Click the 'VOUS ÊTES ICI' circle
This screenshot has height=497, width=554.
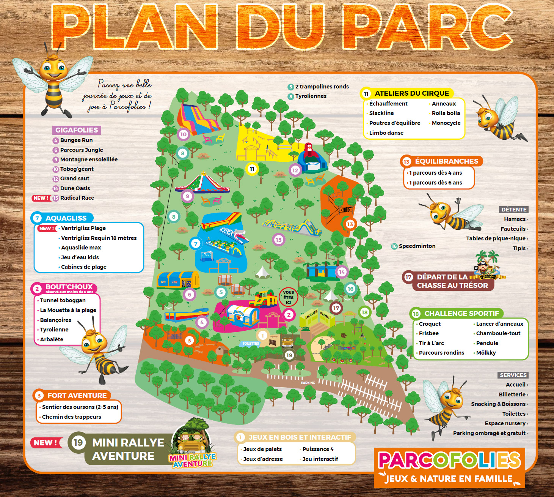click(x=288, y=297)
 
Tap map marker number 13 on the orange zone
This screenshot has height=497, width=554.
click(x=350, y=224)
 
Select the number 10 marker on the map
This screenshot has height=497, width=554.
click(x=183, y=134)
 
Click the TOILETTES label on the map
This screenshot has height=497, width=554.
click(x=251, y=344)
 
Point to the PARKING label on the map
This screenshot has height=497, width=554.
click(x=308, y=383)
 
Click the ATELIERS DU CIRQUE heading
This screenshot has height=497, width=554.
click(x=412, y=93)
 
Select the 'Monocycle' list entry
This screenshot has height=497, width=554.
click(x=446, y=123)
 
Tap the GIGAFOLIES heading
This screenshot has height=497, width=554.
click(x=77, y=130)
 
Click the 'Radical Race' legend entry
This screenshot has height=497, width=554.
click(x=77, y=198)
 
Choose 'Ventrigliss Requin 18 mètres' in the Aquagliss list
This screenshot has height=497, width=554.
click(x=99, y=238)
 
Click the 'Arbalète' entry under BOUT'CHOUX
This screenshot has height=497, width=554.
click(x=52, y=339)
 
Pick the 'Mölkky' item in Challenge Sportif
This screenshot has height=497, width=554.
click(x=486, y=353)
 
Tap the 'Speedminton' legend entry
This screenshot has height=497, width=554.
click(x=417, y=246)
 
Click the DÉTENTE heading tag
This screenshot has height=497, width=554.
click(x=514, y=210)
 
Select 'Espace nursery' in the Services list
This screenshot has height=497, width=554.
click(x=505, y=423)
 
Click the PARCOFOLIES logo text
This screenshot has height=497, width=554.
click(x=449, y=461)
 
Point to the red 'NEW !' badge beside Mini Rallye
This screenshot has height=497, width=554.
click(x=46, y=443)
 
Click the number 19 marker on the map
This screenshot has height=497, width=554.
click(x=289, y=355)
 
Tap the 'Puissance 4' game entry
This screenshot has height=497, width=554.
click(x=318, y=449)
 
